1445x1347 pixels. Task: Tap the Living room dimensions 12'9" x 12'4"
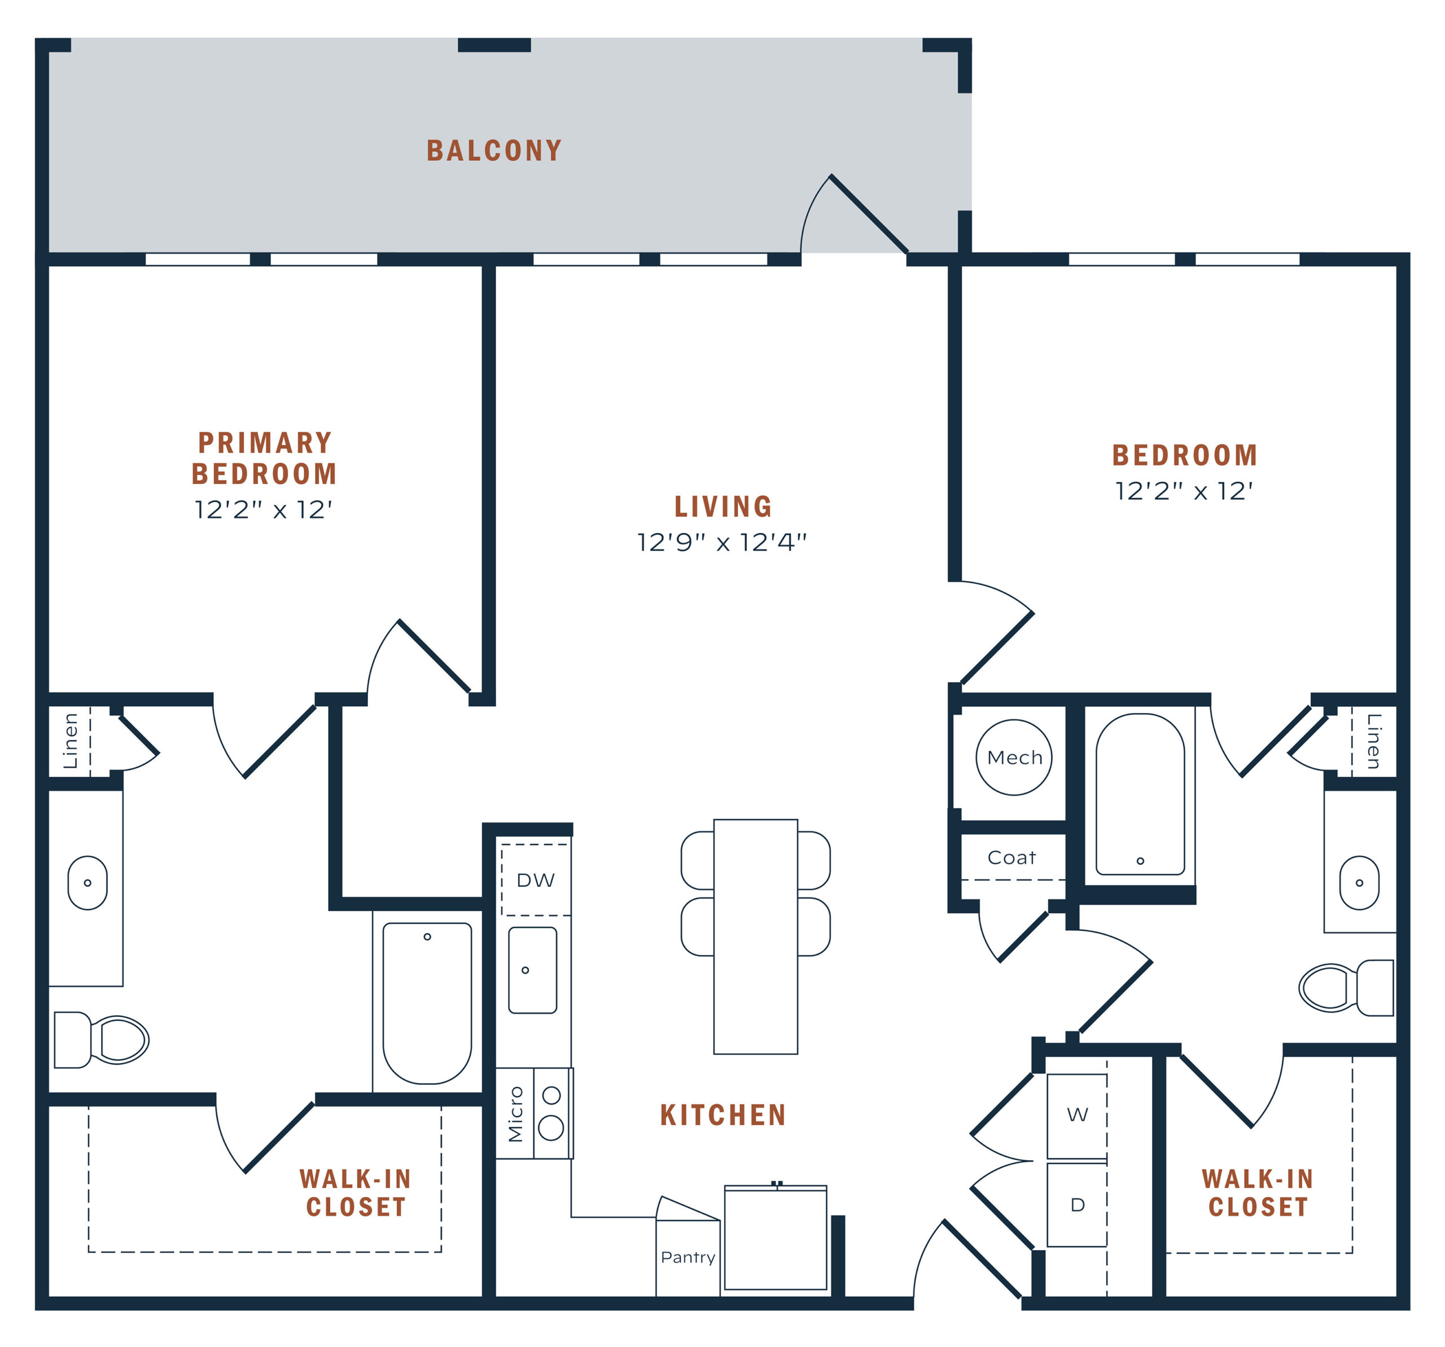click(x=722, y=543)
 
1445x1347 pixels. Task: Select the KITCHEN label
click(x=722, y=1115)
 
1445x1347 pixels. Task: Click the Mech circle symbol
click(x=1014, y=758)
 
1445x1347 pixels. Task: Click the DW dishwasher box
click(x=536, y=880)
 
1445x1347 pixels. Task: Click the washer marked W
click(x=1077, y=1115)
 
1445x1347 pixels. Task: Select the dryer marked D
click(x=1077, y=1205)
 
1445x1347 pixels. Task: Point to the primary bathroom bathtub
click(x=427, y=1002)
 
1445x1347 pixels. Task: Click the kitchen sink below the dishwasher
click(x=533, y=970)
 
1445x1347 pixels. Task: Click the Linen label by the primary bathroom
click(x=71, y=741)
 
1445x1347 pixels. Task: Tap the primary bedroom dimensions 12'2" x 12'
click(x=263, y=510)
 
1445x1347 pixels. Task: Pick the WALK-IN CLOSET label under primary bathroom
click(x=356, y=1193)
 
